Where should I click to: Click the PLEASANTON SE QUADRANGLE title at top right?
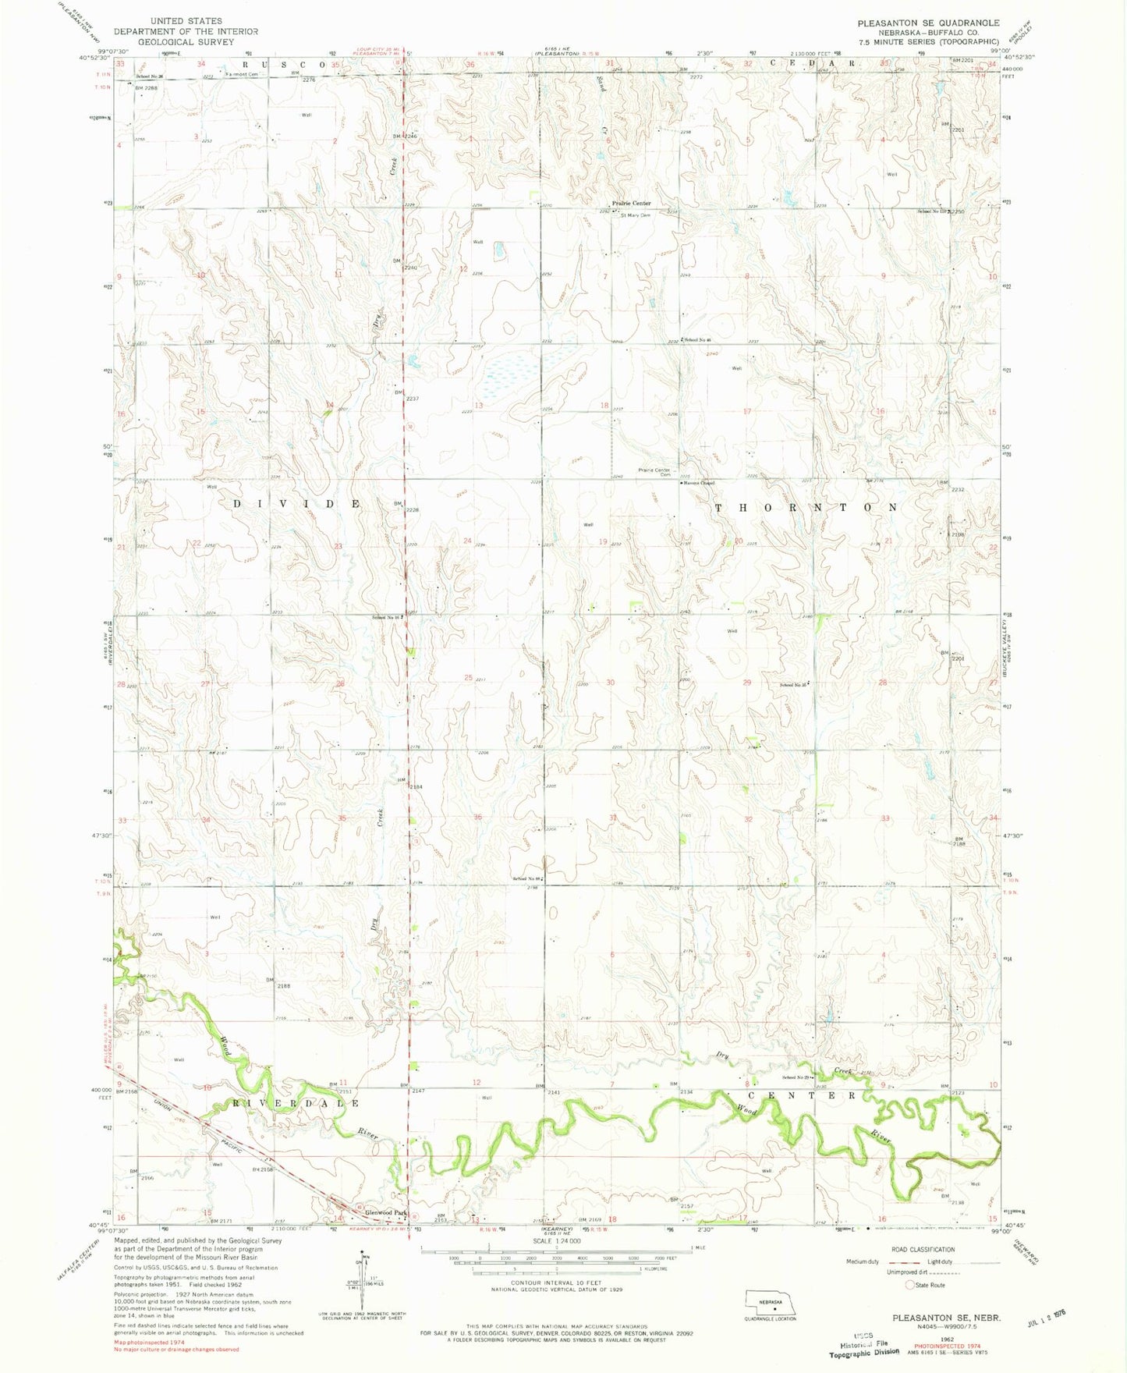point(928,23)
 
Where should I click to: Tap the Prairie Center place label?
point(631,203)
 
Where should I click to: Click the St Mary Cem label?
point(635,215)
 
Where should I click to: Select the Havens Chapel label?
point(699,483)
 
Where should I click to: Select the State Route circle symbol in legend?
point(909,1285)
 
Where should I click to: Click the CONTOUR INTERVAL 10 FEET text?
point(555,1282)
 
